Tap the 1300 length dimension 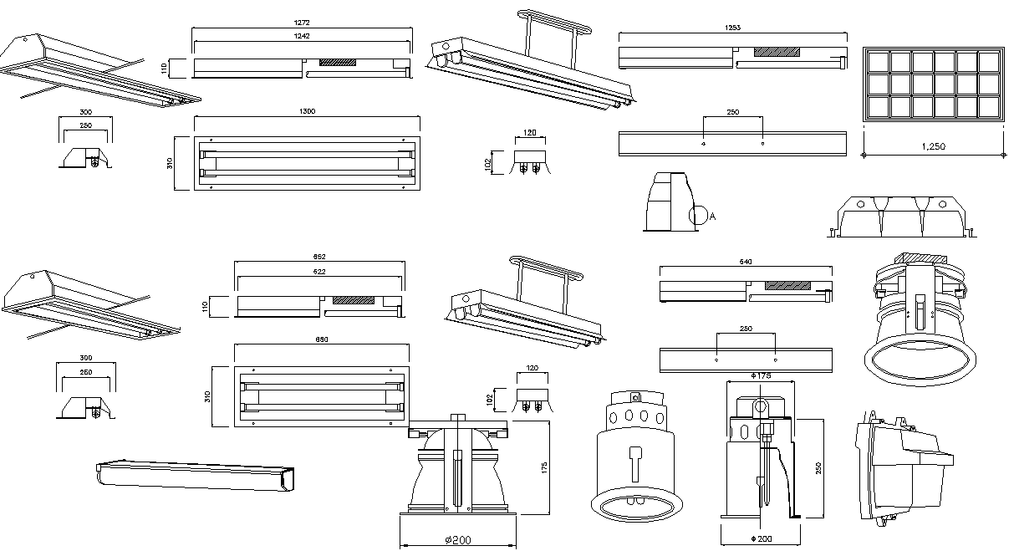tap(307, 111)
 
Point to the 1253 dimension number tap(732, 28)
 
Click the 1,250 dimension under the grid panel tap(933, 146)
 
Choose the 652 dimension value tap(319, 257)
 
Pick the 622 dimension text tap(319, 272)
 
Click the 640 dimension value tap(746, 262)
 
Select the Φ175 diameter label tap(760, 376)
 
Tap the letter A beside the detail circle tap(712, 217)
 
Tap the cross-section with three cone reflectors tap(899, 217)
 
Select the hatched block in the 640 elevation tap(787, 285)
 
